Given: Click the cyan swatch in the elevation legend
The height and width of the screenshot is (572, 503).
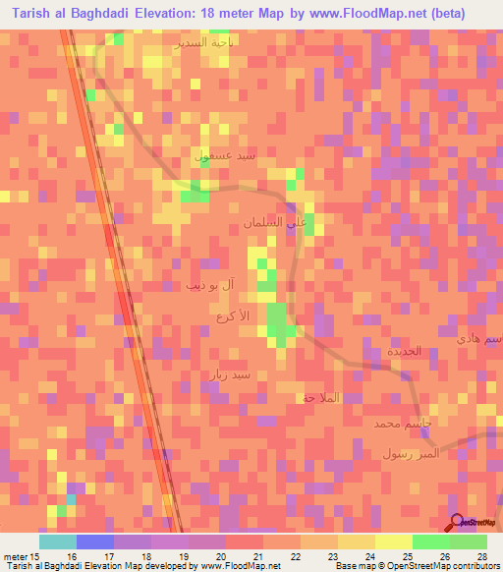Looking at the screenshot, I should click(57, 542).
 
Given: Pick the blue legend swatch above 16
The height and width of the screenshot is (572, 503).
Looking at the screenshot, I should click(94, 542).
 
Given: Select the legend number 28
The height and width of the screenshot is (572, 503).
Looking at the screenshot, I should click(481, 556).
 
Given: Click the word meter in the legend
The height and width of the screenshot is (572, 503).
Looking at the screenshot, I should click(14, 556).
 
